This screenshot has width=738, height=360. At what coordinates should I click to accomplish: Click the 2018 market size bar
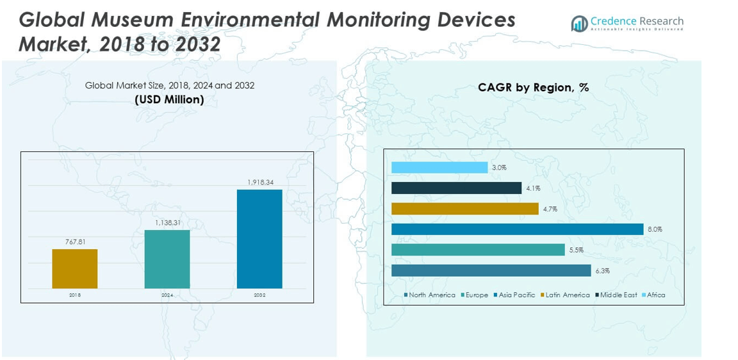click(x=75, y=268)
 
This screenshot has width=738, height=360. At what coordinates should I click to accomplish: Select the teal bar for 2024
click(x=167, y=259)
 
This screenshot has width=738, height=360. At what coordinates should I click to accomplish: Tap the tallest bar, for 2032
click(x=259, y=238)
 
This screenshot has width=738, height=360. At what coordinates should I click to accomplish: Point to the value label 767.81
click(x=75, y=242)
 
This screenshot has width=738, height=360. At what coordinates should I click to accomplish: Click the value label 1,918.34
click(x=260, y=183)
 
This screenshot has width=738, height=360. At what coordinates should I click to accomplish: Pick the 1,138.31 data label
click(x=167, y=223)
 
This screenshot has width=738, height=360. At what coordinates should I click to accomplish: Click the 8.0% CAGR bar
click(x=517, y=229)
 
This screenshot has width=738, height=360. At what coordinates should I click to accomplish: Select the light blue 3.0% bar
click(x=439, y=167)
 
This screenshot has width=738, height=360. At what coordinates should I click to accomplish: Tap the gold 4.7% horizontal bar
click(x=464, y=208)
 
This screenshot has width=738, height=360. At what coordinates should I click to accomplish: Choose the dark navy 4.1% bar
click(x=456, y=188)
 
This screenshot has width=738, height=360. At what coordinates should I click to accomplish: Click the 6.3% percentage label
click(x=602, y=271)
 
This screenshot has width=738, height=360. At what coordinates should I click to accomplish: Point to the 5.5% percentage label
click(x=576, y=250)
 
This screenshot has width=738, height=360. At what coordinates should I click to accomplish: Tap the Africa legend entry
click(x=653, y=295)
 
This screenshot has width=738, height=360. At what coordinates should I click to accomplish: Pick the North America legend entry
click(x=429, y=295)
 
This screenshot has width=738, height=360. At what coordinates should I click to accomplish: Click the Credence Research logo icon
click(x=580, y=24)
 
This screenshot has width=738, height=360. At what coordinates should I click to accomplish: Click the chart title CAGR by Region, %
click(x=533, y=88)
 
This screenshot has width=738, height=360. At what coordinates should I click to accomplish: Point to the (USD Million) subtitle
click(x=169, y=99)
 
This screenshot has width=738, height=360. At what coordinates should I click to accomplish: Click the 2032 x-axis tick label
click(x=259, y=295)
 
